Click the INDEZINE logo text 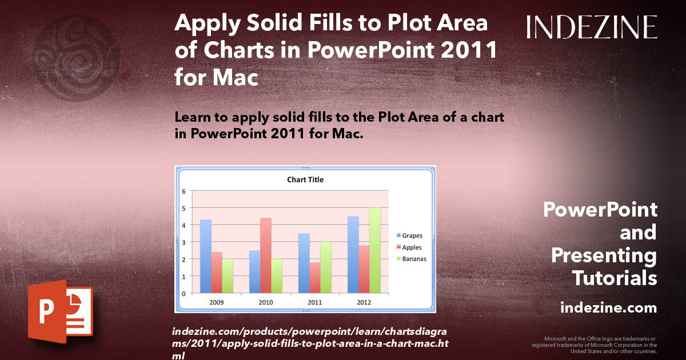[x=592, y=27]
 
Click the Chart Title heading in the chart [x=305, y=179]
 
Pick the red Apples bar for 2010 [x=266, y=255]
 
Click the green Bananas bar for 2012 [x=375, y=250]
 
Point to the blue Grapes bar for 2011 [x=304, y=263]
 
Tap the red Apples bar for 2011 [x=315, y=278]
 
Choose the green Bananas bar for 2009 [x=228, y=275]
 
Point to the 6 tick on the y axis [x=184, y=191]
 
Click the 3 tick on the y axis [x=184, y=242]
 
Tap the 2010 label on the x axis [x=266, y=302]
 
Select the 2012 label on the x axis [x=364, y=302]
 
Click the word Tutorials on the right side [x=615, y=278]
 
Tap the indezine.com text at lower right [x=608, y=308]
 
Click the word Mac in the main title [x=235, y=77]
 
